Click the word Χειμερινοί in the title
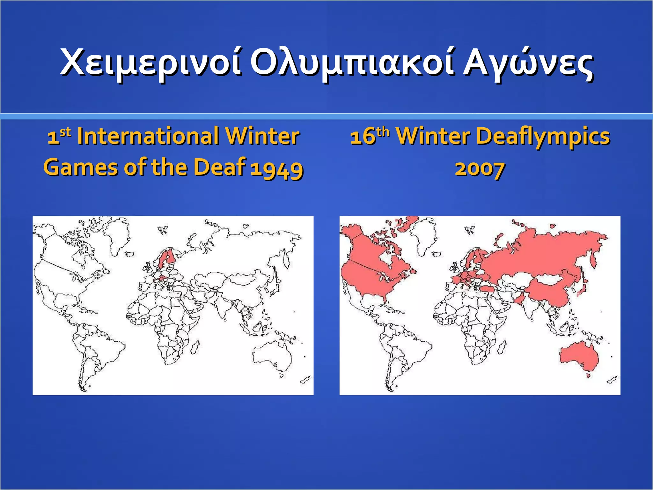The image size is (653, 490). tap(150, 62)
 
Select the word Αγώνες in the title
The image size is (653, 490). tap(528, 62)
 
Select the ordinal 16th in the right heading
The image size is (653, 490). tap(370, 136)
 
